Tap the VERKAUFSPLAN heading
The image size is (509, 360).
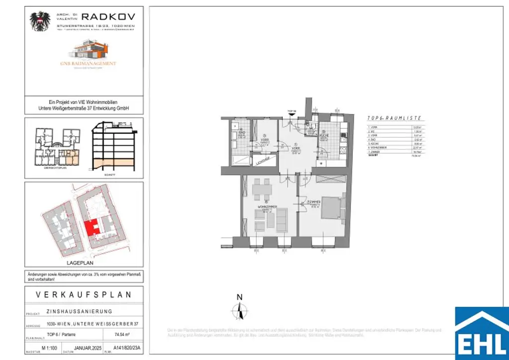pyautogui.click(x=84, y=295)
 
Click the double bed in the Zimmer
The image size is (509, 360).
pyautogui.click(x=332, y=211)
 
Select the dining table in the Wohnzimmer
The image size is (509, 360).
pyautogui.click(x=262, y=188)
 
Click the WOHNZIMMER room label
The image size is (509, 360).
pyautogui.click(x=267, y=206)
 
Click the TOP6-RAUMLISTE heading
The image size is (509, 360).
pyautogui.click(x=394, y=118)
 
